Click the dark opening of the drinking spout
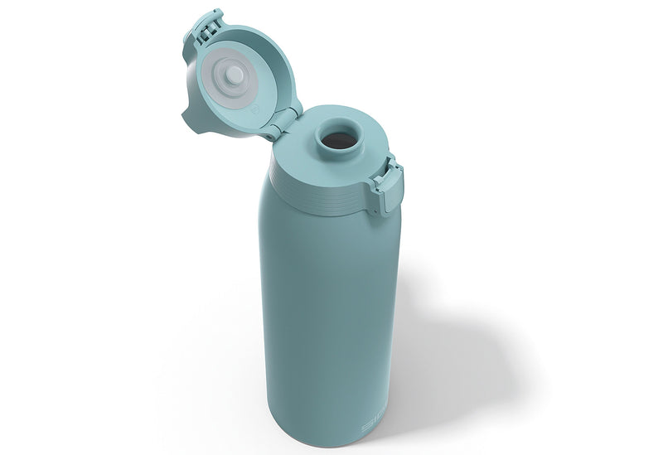337,142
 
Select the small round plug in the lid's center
235,75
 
